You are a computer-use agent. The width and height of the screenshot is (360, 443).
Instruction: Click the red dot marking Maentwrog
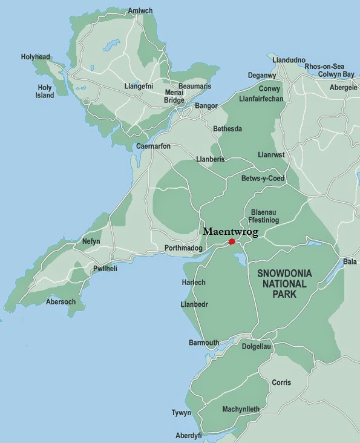[232, 241]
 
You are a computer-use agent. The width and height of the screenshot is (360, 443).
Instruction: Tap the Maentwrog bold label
[230, 232]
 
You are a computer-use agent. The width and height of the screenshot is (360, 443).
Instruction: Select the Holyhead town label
[36, 57]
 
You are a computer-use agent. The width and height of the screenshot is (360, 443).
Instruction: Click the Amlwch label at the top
[140, 11]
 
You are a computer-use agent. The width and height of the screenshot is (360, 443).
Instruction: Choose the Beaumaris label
[195, 87]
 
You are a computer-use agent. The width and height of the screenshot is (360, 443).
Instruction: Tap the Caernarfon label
[153, 146]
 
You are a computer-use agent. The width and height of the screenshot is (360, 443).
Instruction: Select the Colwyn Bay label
[336, 74]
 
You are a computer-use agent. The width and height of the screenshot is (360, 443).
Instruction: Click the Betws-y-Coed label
[263, 179]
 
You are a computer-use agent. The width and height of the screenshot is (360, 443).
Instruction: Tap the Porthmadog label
[183, 248]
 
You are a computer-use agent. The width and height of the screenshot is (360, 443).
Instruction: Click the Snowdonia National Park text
[284, 282]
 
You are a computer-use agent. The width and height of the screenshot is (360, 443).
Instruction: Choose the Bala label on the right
[350, 262]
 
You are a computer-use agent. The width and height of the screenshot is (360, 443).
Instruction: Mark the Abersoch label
[61, 301]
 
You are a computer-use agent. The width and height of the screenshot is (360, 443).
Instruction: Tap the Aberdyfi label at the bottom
[188, 435]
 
